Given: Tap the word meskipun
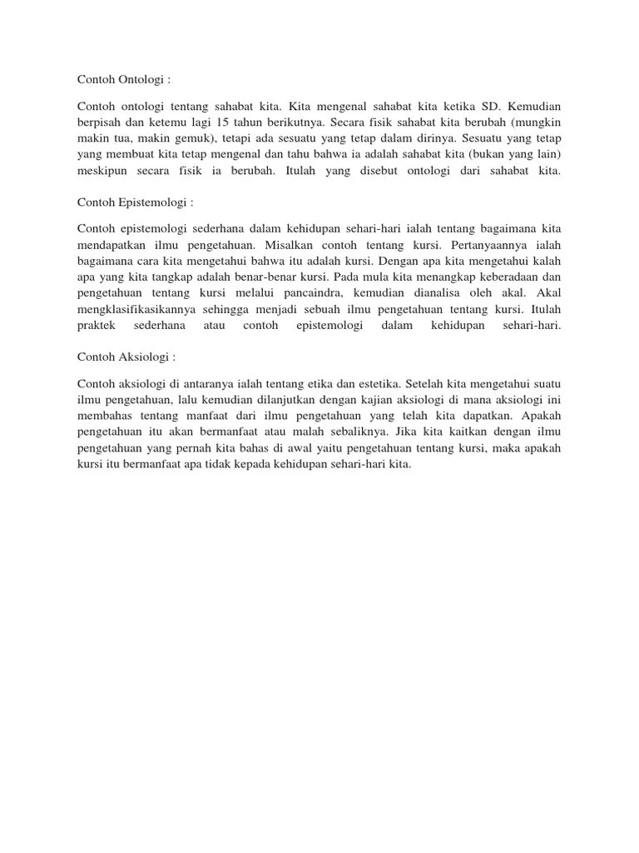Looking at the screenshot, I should [x=102, y=171].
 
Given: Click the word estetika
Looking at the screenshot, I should [x=374, y=385].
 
